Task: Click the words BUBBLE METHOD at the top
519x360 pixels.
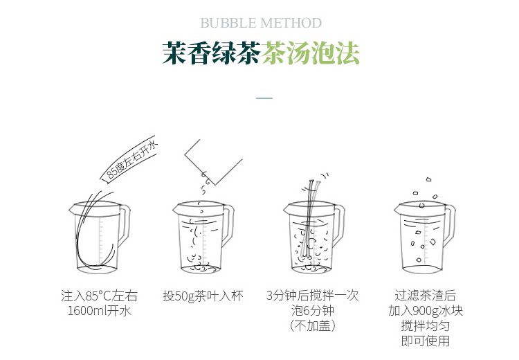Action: click(x=261, y=23)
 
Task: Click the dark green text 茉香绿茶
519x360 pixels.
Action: click(x=212, y=53)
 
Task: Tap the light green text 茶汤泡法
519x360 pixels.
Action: click(x=311, y=53)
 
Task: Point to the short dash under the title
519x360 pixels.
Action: click(x=264, y=98)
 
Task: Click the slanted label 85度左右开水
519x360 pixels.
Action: click(x=132, y=161)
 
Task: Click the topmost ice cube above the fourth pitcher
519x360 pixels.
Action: click(x=428, y=179)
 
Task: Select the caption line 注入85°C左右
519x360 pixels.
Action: click(x=99, y=296)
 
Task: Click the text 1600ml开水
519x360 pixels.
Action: click(x=99, y=311)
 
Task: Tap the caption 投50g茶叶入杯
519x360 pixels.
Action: click(x=203, y=296)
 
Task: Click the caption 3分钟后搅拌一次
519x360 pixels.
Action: click(x=313, y=295)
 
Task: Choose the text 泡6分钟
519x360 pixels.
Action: click(x=313, y=311)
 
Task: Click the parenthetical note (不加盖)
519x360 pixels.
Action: click(x=313, y=326)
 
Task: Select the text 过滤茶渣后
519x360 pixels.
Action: click(x=426, y=295)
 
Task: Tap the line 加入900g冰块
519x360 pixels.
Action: click(x=426, y=311)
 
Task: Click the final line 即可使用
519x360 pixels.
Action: click(x=426, y=341)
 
